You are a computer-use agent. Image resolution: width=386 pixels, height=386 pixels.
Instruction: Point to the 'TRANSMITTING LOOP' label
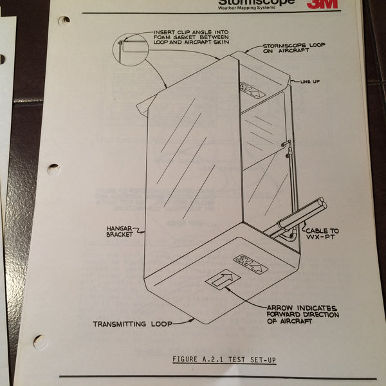click(133, 324)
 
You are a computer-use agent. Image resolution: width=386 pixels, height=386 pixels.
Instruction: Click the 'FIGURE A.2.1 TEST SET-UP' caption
click(225, 359)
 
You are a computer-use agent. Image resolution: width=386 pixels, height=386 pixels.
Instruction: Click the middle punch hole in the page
click(53, 170)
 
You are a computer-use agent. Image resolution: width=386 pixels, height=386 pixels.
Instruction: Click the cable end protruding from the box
click(320, 205)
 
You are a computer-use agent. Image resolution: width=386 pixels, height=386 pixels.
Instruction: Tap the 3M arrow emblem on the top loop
click(252, 88)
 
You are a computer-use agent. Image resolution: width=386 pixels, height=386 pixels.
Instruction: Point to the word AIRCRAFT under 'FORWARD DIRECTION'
click(291, 320)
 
